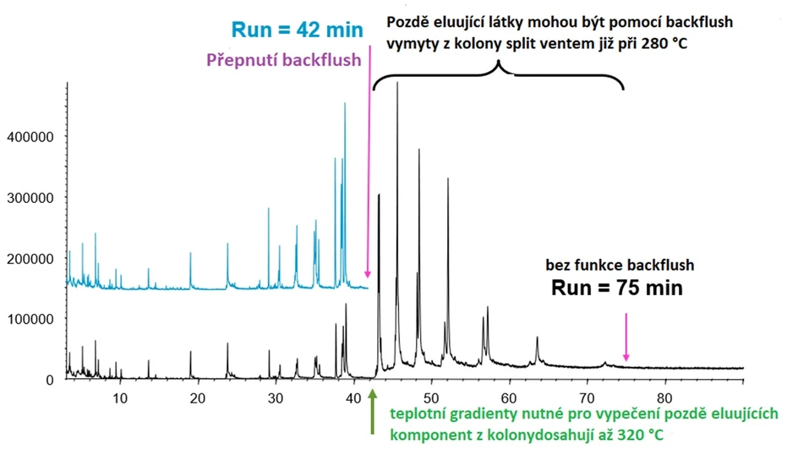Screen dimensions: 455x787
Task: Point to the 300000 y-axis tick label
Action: click(33, 198)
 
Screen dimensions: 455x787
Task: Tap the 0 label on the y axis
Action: click(50, 381)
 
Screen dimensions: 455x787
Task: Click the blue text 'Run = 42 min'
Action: click(297, 31)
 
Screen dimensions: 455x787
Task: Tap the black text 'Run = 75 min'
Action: click(617, 288)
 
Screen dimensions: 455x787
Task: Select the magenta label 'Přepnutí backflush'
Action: click(285, 61)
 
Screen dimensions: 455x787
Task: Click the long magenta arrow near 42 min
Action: click(369, 169)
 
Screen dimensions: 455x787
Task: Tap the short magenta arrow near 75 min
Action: click(626, 337)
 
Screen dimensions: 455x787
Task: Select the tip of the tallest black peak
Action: click(397, 83)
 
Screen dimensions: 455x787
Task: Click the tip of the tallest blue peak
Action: click(345, 104)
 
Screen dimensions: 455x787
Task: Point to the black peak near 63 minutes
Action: click(537, 338)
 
